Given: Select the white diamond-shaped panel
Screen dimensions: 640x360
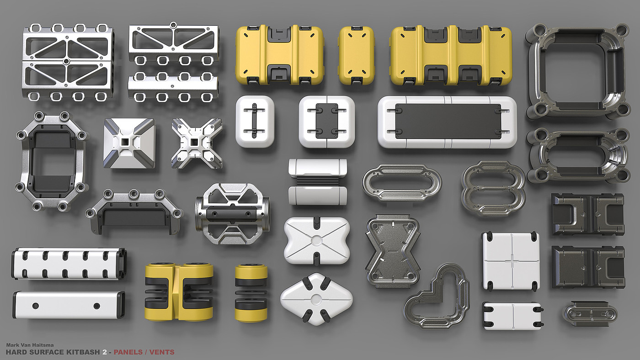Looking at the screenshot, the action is click(x=316, y=299).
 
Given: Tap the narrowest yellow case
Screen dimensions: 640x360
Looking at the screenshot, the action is click(x=357, y=55).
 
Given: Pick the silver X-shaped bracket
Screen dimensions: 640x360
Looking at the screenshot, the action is click(x=197, y=143).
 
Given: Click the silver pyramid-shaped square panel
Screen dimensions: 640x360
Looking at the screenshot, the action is click(x=129, y=143).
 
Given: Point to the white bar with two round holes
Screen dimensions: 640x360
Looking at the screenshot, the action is click(x=69, y=305).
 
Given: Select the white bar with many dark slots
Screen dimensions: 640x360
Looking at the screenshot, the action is click(x=69, y=264).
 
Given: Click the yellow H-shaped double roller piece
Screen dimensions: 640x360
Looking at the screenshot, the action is click(x=179, y=291).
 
